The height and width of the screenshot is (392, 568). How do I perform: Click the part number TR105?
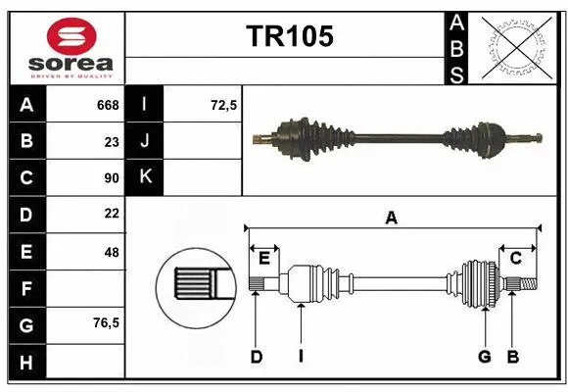click(289, 36)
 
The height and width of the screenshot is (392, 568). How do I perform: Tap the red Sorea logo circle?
click(71, 37)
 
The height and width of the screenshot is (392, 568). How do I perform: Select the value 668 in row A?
click(107, 105)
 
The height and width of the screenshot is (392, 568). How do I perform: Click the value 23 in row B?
click(112, 141)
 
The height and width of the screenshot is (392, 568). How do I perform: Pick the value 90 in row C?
click(112, 178)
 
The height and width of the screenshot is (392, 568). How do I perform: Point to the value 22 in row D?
click(112, 214)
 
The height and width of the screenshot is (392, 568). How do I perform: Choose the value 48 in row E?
click(112, 252)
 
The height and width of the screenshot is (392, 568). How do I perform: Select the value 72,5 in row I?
click(224, 105)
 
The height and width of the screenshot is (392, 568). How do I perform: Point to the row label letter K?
click(145, 177)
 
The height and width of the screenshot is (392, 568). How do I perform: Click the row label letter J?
click(145, 141)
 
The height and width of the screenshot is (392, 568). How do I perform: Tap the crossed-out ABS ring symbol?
click(516, 48)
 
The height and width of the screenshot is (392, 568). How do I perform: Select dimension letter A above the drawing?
click(392, 219)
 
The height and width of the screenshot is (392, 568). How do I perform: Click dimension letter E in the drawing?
click(263, 258)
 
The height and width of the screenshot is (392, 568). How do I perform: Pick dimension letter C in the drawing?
click(515, 258)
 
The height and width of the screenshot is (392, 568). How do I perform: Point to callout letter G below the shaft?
click(484, 357)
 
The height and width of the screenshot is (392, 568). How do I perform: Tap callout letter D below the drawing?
click(256, 357)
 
